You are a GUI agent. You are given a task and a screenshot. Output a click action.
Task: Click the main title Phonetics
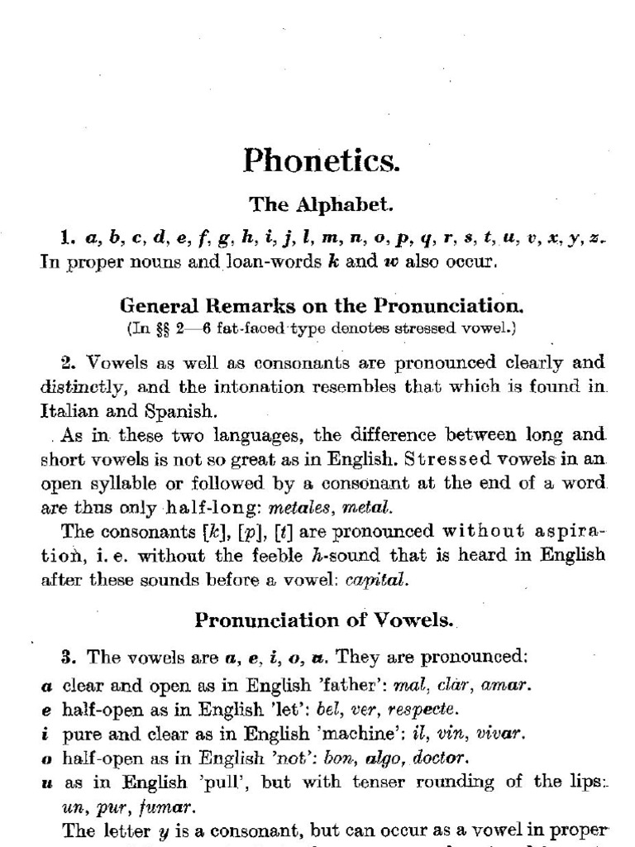pos(321,160)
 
